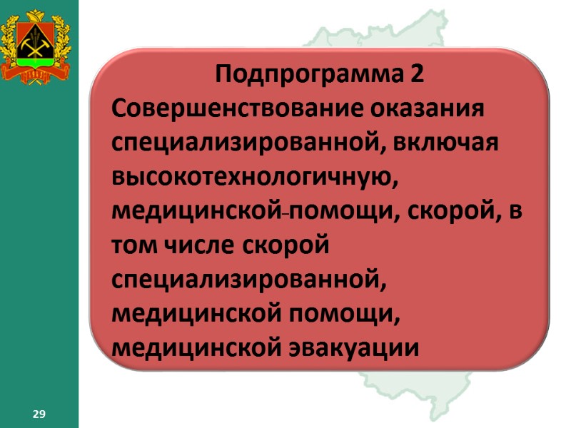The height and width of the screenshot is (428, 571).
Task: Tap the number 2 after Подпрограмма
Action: (x=416, y=73)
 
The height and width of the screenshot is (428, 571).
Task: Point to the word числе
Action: (x=192, y=245)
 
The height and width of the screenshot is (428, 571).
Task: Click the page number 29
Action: (x=39, y=414)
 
